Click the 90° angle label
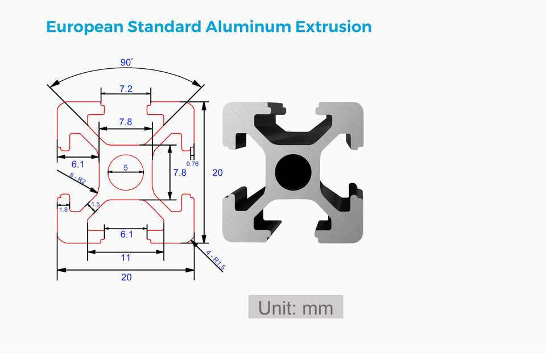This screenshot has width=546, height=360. (x=126, y=62)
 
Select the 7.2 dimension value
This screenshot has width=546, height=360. (x=126, y=89)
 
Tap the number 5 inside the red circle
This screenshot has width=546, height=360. (x=126, y=168)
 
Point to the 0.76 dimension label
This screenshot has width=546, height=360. (x=193, y=164)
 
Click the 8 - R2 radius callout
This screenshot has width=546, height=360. (x=77, y=180)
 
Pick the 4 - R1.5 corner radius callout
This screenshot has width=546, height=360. (x=216, y=260)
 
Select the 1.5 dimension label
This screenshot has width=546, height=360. (x=96, y=204)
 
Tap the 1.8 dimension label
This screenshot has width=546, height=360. (x=63, y=210)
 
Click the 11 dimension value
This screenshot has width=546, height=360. (x=126, y=258)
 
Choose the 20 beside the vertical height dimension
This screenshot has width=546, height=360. (x=217, y=172)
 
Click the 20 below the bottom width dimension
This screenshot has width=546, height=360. (x=126, y=277)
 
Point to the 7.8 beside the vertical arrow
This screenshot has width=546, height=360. (x=180, y=172)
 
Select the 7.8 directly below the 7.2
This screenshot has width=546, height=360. (x=126, y=122)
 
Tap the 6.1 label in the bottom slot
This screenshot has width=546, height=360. (x=126, y=234)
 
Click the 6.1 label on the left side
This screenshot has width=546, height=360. (x=77, y=164)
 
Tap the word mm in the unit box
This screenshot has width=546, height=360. (x=318, y=308)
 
